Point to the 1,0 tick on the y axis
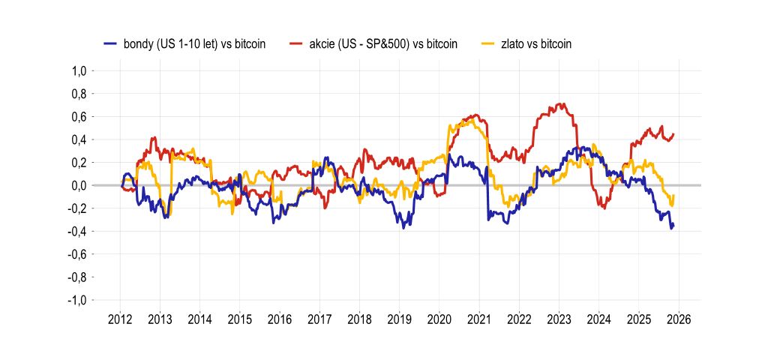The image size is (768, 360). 79,71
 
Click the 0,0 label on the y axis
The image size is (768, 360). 79,185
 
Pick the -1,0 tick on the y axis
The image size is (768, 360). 77,300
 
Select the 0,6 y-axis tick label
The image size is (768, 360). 79,117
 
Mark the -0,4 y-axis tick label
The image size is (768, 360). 77,232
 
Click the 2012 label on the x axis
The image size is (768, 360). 121,318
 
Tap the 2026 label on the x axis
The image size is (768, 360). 679,318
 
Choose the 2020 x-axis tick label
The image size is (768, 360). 439,318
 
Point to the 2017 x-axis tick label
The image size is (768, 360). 320,318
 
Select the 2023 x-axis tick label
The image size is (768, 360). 559,318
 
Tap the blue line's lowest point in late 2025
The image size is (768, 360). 671,228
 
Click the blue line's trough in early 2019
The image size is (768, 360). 403,226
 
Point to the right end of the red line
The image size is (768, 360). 673,134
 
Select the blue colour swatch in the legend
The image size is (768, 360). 111,44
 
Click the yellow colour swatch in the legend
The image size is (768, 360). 486,44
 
